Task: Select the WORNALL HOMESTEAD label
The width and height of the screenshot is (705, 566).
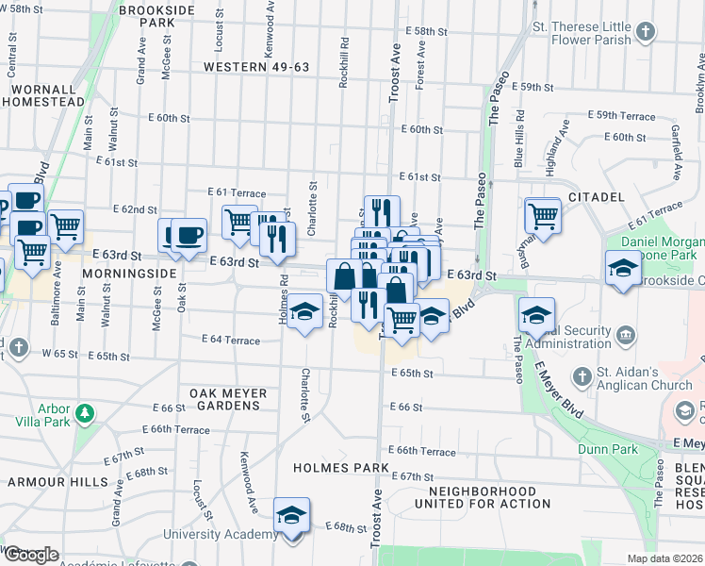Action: point(47,94)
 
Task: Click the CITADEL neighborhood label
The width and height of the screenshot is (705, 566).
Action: point(597,197)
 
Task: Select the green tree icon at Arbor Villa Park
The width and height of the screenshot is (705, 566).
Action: point(85,414)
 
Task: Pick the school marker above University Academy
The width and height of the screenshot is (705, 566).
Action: point(291,517)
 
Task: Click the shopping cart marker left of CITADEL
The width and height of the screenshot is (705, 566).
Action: point(543,215)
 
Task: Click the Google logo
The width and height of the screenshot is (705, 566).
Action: point(30,556)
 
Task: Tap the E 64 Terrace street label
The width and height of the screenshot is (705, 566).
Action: point(231,340)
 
